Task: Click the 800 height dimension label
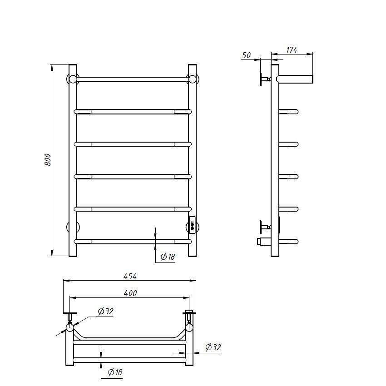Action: click(48, 159)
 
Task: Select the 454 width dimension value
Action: click(130, 277)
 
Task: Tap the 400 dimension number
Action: click(130, 293)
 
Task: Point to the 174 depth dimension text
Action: click(292, 50)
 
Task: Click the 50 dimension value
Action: click(247, 55)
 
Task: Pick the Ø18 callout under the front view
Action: click(168, 257)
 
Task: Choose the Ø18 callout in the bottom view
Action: click(115, 372)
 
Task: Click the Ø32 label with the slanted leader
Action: click(105, 312)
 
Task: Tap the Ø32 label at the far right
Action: click(213, 347)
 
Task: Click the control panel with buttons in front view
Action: click(192, 225)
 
